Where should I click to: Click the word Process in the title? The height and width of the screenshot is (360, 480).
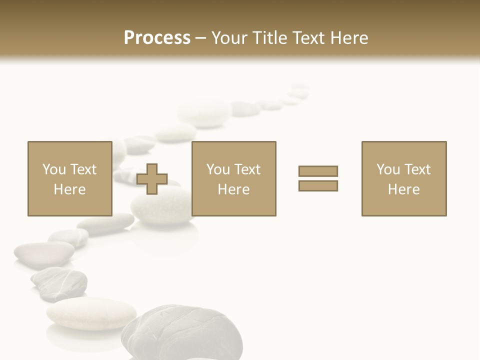point(157,38)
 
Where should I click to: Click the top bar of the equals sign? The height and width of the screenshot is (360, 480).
point(318,171)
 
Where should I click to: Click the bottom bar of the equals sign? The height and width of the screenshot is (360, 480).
point(318,186)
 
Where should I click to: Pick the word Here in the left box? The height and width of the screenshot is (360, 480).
point(69,189)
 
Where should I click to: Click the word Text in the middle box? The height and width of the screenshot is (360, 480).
point(247,169)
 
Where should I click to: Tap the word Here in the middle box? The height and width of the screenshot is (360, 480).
point(233,189)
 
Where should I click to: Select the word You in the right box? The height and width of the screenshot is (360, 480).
point(388,169)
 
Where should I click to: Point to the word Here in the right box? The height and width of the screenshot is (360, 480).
point(403,189)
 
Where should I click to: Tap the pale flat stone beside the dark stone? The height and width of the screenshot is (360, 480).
point(91,313)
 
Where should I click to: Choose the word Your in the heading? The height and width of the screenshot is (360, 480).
point(229,38)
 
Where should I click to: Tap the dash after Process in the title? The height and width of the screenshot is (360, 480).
point(201,38)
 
